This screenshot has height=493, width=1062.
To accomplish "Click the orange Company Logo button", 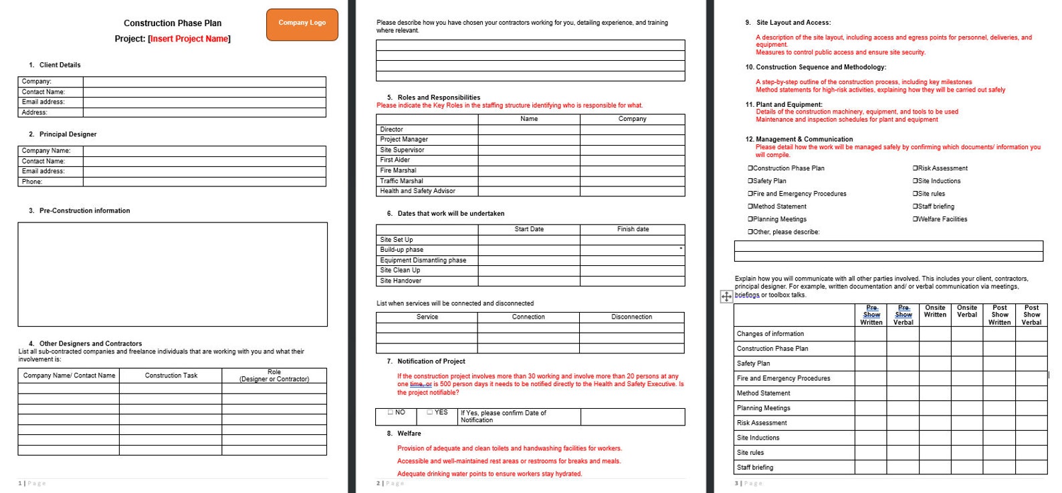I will pyautogui.click(x=302, y=24).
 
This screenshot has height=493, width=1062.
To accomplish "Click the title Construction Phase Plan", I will pyautogui.click(x=173, y=23).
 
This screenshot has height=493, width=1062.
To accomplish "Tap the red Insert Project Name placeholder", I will pyautogui.click(x=189, y=39).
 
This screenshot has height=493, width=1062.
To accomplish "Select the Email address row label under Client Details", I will pyautogui.click(x=43, y=102).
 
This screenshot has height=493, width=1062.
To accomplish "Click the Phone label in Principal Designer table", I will pyautogui.click(x=32, y=182).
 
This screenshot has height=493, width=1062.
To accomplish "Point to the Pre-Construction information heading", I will pyautogui.click(x=84, y=210).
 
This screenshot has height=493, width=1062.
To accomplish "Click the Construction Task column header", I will pyautogui.click(x=171, y=375).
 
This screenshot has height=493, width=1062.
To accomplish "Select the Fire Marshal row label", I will pyautogui.click(x=398, y=170).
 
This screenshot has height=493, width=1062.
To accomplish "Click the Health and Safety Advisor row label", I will pyautogui.click(x=417, y=191).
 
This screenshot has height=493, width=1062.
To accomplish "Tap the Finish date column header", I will pyautogui.click(x=633, y=229).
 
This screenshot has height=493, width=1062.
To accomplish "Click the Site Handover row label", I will pyautogui.click(x=401, y=281).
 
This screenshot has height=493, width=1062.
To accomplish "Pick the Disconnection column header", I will pyautogui.click(x=631, y=317).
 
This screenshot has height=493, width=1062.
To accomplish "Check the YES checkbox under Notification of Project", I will pyautogui.click(x=431, y=412).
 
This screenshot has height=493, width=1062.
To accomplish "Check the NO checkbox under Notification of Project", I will pyautogui.click(x=391, y=412).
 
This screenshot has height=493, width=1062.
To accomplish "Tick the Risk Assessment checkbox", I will pyautogui.click(x=916, y=168).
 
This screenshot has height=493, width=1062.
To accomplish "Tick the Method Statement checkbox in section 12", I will pyautogui.click(x=750, y=206).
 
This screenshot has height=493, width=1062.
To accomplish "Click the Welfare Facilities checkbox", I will pyautogui.click(x=916, y=219).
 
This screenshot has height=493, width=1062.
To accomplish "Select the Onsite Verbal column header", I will pyautogui.click(x=967, y=311).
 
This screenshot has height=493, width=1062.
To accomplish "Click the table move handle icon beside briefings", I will pyautogui.click(x=726, y=296).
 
